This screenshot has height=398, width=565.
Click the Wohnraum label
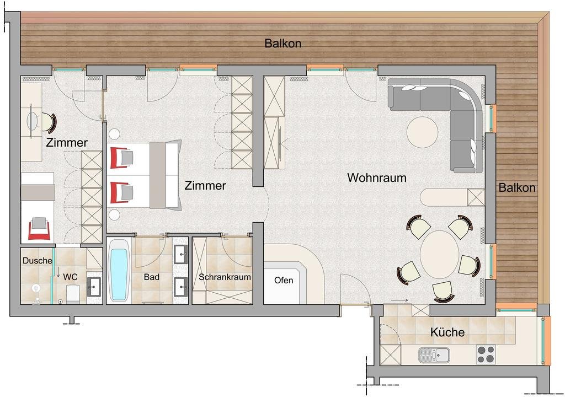coord(376,178)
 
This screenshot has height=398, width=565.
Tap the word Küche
coord(447,332)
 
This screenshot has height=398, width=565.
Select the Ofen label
coord(284,280)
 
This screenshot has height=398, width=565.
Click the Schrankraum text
coord(225,277)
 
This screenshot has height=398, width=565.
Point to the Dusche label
coord(38,261)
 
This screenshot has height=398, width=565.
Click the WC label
coord(70,277)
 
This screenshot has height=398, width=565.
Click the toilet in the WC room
coord(72,294)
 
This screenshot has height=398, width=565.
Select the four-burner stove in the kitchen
coord(486,354)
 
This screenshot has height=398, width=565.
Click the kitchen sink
coord(434,355)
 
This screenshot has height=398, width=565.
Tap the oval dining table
coord(440,255)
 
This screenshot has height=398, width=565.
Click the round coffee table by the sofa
coord(422,132)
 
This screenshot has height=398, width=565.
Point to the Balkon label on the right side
coord(516,187)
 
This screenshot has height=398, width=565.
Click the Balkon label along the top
coord(283,43)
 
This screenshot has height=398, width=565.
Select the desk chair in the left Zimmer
coord(49,123)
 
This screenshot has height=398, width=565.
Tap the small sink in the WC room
coord(94,287)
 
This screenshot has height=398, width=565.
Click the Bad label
coord(151,277)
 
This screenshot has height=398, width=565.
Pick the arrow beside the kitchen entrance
coord(399,300)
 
